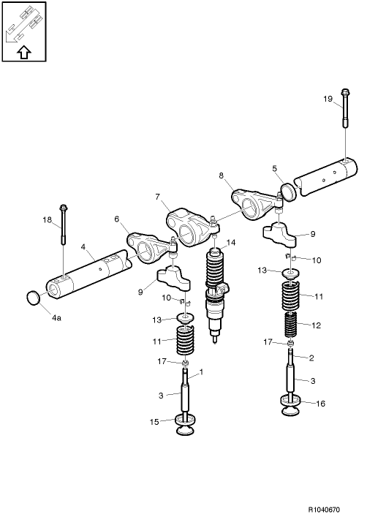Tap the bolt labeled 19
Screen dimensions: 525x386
(x=345, y=110)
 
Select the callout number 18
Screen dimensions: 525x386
(x=47, y=219)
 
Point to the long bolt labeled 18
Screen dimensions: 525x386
(x=64, y=227)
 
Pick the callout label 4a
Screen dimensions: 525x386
(x=56, y=318)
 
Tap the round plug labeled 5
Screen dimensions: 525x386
(x=290, y=191)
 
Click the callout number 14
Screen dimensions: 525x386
(x=231, y=242)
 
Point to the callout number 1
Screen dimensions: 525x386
(x=201, y=371)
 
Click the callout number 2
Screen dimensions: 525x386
(x=311, y=358)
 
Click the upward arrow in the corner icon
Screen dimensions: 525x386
(x=23, y=51)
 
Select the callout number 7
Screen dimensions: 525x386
(x=156, y=197)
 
